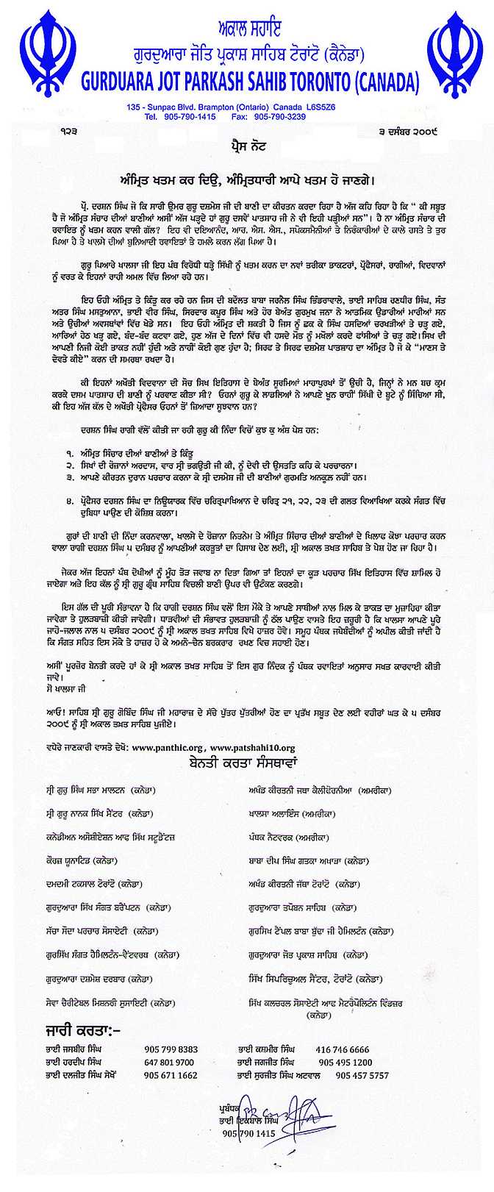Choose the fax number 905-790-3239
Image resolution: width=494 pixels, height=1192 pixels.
pyautogui.click(x=279, y=116)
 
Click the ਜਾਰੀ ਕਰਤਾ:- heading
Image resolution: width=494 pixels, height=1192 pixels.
pyautogui.click(x=77, y=1027)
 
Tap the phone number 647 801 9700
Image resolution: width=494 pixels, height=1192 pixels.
pyautogui.click(x=169, y=1062)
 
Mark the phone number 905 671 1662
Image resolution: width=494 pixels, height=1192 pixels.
pyautogui.click(x=171, y=1074)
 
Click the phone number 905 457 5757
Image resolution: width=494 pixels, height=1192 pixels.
pyautogui.click(x=362, y=1074)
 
